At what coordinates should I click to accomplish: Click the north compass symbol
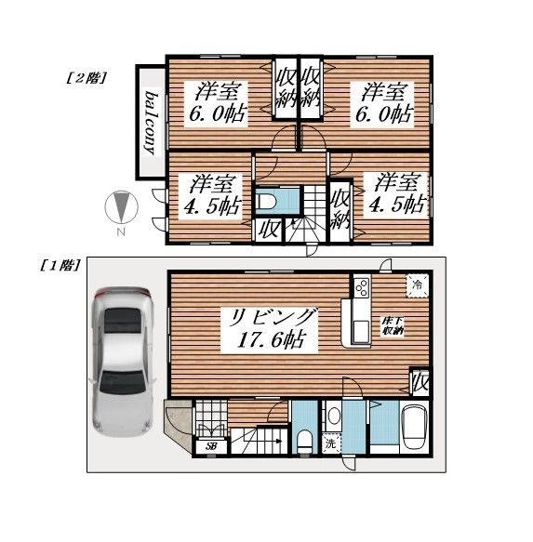tap(122, 207)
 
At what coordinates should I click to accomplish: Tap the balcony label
tap(151, 123)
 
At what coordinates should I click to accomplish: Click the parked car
tap(123, 362)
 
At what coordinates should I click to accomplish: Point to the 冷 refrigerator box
tap(418, 285)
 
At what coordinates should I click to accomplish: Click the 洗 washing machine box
tap(331, 443)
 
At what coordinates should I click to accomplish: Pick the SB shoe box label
tap(210, 446)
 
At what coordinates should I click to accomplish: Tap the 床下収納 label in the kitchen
tap(393, 325)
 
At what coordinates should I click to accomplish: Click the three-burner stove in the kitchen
tap(362, 287)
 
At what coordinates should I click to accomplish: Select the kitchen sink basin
tap(361, 330)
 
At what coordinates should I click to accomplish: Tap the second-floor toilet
tap(266, 201)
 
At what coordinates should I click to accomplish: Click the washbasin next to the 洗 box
tap(334, 416)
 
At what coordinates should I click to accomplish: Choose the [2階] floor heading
tap(87, 78)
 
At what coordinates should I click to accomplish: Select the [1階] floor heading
tap(60, 266)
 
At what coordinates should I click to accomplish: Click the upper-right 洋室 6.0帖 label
tap(384, 104)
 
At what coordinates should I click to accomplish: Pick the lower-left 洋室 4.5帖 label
tap(211, 195)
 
